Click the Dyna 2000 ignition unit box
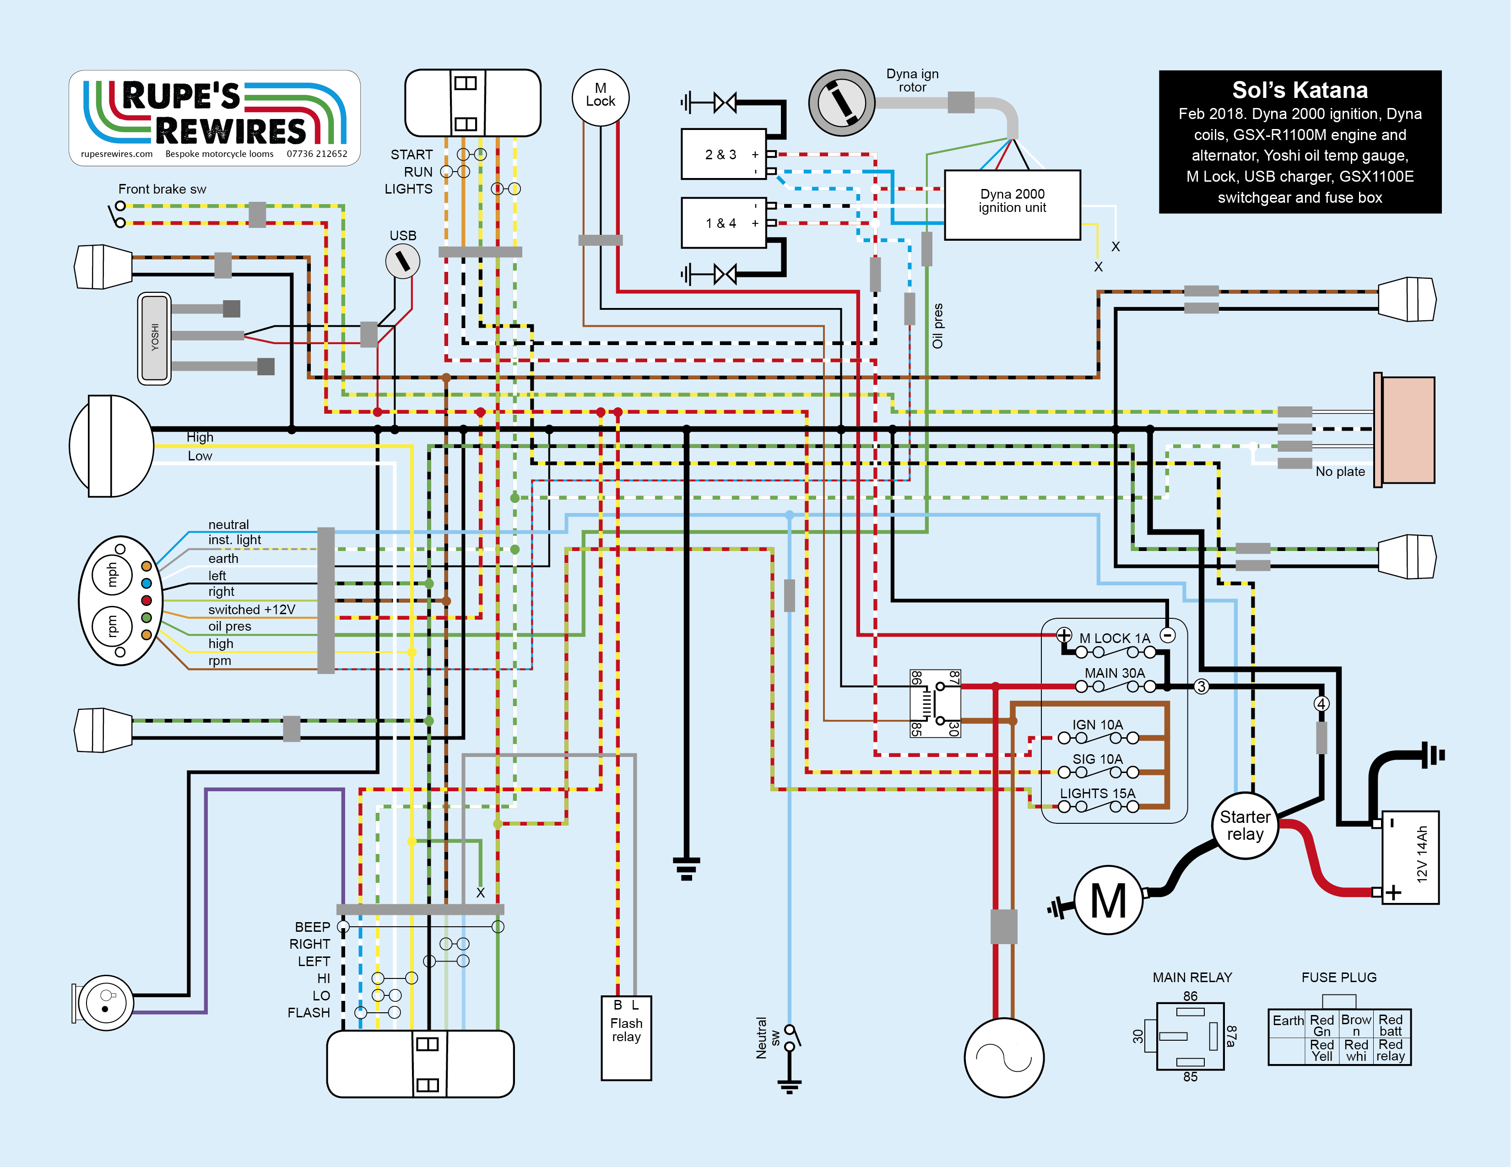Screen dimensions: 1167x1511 pos(1012,205)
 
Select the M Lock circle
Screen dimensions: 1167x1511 pos(600,97)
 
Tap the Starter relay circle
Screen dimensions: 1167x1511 pos(1244,825)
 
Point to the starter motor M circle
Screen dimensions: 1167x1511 pos(1108,900)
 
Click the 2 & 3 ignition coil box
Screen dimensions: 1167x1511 pos(723,154)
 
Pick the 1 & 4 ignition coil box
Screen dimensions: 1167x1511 pos(723,223)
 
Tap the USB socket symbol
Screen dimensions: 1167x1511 pos(402,261)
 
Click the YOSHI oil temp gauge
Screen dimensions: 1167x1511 pos(154,338)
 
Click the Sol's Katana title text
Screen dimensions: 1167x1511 pos(1299,90)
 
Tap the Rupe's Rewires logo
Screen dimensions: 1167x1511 pos(215,118)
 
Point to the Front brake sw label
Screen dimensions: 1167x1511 pos(162,189)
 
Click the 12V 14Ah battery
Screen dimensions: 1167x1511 pos(1410,857)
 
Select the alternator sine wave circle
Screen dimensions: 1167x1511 pos(1003,1057)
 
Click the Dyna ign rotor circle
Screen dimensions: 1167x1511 pos(841,103)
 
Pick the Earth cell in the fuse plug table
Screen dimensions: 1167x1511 pos(1288,1021)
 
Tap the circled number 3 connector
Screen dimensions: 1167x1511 pos(1201,686)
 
